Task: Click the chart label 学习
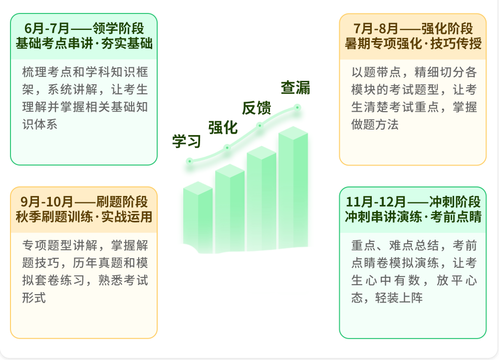(187, 141)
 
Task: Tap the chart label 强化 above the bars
(223, 128)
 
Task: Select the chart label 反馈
(256, 108)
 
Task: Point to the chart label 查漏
(295, 87)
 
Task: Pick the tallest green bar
(293, 187)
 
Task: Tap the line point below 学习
(190, 161)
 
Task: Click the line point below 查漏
(297, 108)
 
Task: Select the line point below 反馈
(259, 126)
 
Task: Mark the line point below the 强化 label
(227, 148)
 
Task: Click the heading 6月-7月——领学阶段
(84, 28)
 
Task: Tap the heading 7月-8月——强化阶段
(413, 28)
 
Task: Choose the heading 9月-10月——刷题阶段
(84, 201)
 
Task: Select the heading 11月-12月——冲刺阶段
(413, 201)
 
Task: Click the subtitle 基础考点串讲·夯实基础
(84, 43)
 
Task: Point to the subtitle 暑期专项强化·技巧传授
(413, 43)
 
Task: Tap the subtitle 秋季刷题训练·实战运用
(84, 216)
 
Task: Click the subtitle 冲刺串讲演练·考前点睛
(413, 216)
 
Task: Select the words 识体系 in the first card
(40, 124)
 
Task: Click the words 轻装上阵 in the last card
(399, 298)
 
